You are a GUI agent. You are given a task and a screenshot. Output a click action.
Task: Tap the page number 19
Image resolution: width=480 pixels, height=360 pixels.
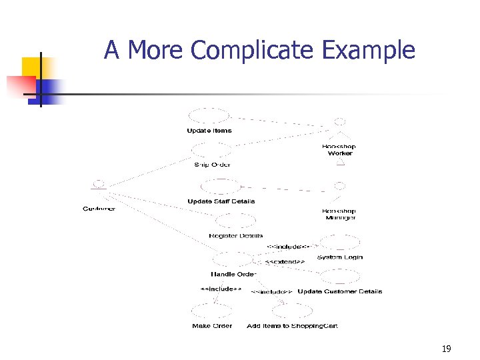click(x=446, y=349)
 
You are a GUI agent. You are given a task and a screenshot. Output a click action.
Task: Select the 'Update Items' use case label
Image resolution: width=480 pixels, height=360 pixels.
click(x=209, y=131)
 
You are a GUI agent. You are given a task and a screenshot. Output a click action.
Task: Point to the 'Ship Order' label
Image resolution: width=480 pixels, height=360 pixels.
click(x=212, y=165)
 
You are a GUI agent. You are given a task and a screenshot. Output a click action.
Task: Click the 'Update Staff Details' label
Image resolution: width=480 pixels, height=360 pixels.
click(x=221, y=201)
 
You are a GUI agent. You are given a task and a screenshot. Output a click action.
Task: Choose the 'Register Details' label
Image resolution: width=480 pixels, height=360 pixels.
click(x=235, y=236)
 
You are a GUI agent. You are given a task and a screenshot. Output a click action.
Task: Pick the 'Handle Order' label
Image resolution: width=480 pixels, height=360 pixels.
click(x=233, y=274)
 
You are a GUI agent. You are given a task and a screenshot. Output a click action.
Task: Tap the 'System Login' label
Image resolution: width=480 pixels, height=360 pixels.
click(x=340, y=257)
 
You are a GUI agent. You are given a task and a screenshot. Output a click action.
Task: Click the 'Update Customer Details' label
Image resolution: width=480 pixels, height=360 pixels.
click(x=340, y=291)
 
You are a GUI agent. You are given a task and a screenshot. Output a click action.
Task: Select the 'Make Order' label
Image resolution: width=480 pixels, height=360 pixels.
click(x=212, y=326)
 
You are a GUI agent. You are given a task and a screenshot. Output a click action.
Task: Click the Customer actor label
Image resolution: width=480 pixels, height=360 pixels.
click(x=99, y=209)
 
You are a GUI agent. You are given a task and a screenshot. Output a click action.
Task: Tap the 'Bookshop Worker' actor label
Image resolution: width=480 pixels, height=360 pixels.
click(x=339, y=150)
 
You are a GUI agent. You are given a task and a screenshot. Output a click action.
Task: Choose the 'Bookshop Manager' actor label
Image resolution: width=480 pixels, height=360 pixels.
click(x=339, y=214)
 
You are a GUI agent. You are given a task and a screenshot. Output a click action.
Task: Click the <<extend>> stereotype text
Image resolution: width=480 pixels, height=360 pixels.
click(x=285, y=262)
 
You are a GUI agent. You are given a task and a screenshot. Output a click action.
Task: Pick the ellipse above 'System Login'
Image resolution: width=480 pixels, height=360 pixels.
click(x=339, y=242)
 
